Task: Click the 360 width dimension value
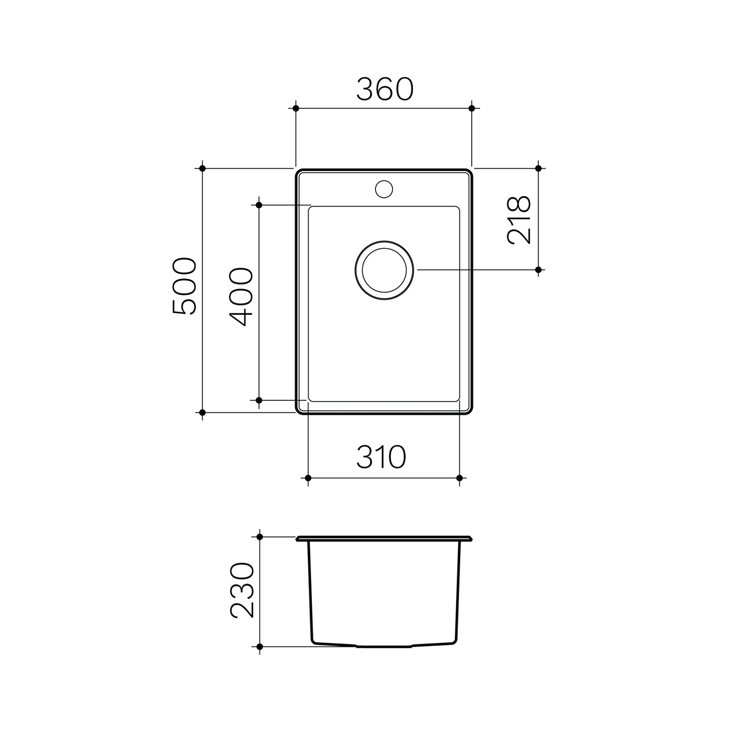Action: click(385, 90)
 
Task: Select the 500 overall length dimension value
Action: click(185, 286)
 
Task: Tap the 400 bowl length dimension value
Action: click(241, 297)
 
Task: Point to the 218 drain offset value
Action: click(519, 220)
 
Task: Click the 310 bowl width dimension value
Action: click(381, 457)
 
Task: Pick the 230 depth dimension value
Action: click(242, 591)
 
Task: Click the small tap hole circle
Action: click(384, 189)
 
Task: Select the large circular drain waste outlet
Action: click(384, 270)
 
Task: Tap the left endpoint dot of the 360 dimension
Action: click(296, 108)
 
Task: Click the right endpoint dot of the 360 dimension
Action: click(472, 108)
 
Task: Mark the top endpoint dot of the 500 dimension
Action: click(202, 168)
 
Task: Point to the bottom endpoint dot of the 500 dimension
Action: click(202, 413)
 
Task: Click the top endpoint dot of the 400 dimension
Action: click(259, 205)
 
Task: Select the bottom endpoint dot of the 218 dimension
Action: click(538, 270)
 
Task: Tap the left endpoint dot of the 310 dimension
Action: click(308, 478)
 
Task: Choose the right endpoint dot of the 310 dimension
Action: click(459, 478)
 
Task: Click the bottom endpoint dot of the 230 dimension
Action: click(259, 647)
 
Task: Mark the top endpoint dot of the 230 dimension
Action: click(259, 537)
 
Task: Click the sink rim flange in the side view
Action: click(384, 538)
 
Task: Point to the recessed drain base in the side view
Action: click(384, 646)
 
